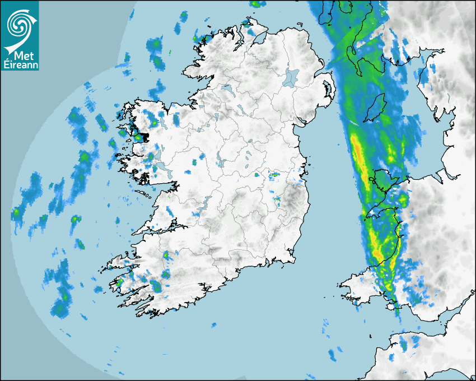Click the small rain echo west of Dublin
tap(274, 175)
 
